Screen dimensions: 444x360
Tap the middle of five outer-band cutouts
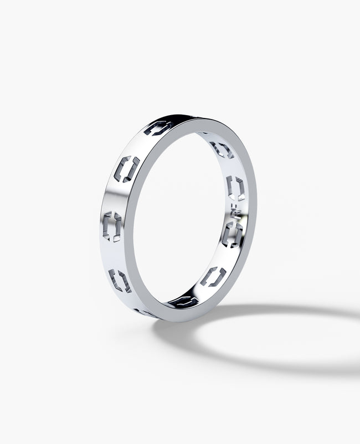(115, 223)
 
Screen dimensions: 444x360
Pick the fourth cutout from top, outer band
(120, 280)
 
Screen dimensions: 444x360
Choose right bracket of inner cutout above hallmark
(241, 188)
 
